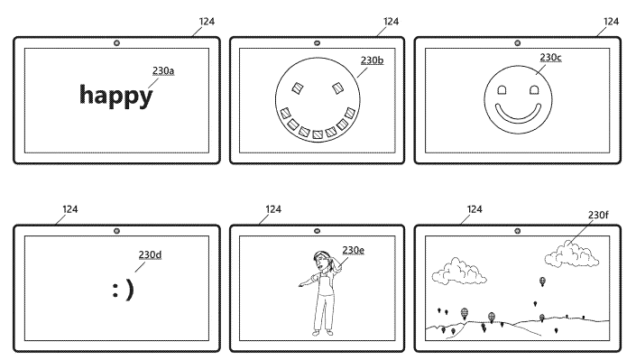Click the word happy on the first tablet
click(x=116, y=94)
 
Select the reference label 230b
click(x=372, y=61)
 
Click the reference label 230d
click(x=150, y=254)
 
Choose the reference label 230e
click(x=354, y=250)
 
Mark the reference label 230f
click(x=598, y=216)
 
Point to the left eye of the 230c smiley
click(x=501, y=91)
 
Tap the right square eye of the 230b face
click(x=336, y=88)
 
